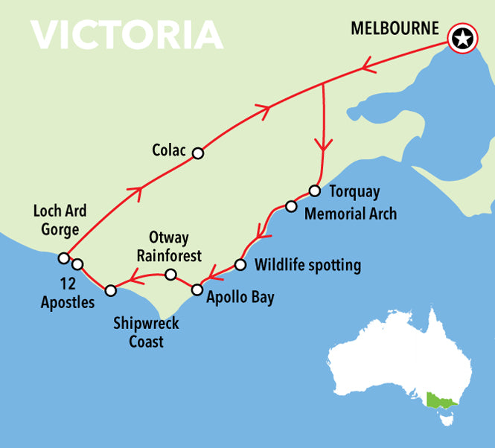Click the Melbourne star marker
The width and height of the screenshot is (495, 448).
[x=462, y=39]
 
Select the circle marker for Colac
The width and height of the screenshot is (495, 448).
[x=197, y=153]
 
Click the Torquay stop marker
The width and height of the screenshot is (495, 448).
[x=314, y=191]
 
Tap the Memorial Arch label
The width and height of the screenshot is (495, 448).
[x=351, y=214]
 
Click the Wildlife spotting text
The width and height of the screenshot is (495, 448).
[x=307, y=265]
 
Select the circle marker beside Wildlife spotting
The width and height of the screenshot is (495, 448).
[x=240, y=264]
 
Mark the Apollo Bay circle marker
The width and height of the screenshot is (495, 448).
[x=197, y=289]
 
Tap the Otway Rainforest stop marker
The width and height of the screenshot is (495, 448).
[x=170, y=275]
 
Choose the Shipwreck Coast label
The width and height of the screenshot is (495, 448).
[x=146, y=333]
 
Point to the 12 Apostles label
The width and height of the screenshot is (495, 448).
[x=68, y=293]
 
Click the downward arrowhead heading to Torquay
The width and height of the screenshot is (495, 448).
[x=323, y=144]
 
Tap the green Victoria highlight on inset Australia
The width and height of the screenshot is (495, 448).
[x=440, y=402]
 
